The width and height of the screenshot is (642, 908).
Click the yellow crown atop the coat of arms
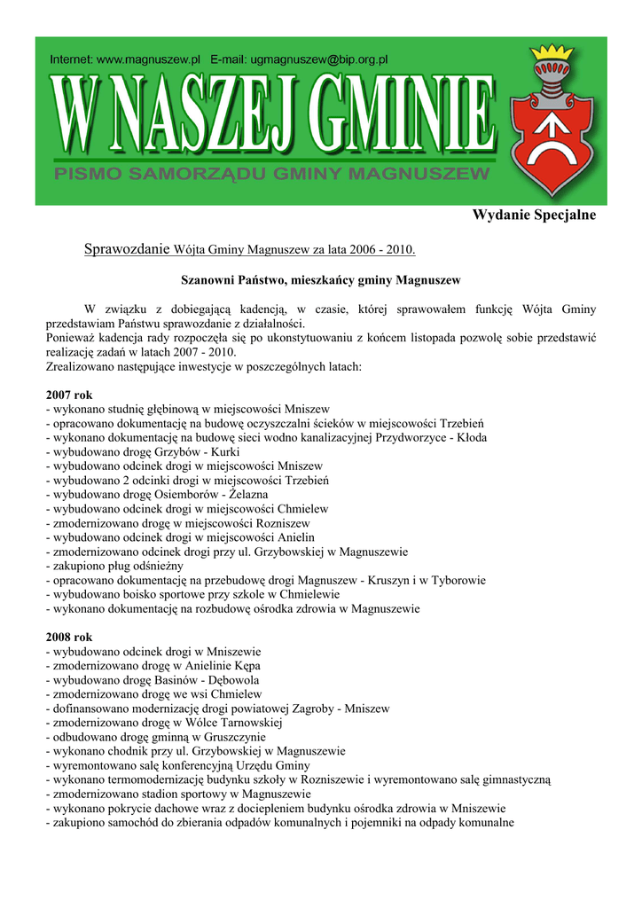click(557, 55)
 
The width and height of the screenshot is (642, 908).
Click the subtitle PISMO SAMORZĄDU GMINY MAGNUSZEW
click(271, 175)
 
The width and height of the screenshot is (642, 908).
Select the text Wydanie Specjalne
click(534, 215)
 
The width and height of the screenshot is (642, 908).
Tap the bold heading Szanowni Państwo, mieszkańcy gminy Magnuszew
click(320, 280)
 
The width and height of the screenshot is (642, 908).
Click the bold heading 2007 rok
click(68, 395)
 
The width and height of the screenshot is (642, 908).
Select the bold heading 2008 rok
click(68, 638)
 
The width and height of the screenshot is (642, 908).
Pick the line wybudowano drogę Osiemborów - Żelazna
click(156, 494)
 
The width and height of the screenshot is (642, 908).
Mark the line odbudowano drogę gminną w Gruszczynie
click(155, 737)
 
